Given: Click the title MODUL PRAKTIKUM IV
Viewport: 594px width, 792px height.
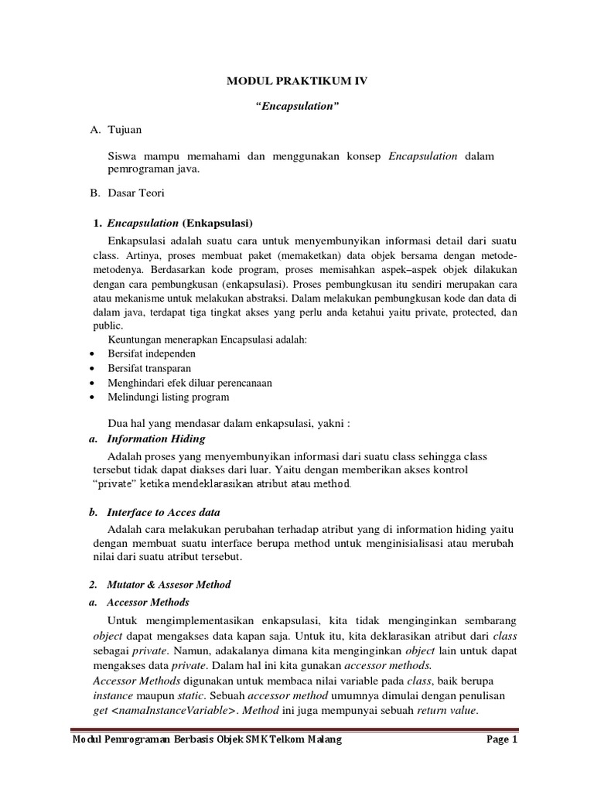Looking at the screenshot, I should tap(297, 80).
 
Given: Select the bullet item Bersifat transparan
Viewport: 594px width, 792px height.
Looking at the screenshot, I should tap(149, 368).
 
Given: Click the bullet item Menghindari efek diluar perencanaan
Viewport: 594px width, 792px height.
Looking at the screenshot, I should tap(189, 383).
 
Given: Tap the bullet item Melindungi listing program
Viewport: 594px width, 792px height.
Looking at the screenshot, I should tap(169, 398).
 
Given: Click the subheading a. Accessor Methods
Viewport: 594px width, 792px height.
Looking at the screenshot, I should tap(147, 602).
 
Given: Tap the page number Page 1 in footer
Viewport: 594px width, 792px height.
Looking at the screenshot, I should tap(501, 739).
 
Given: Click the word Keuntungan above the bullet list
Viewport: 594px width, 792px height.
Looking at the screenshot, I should tap(135, 339).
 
